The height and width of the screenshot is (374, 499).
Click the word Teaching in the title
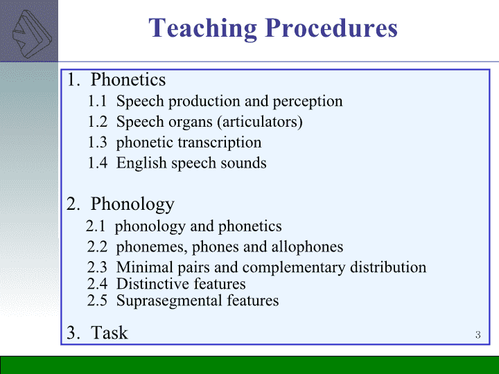[202, 28]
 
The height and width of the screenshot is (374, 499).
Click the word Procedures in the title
[331, 28]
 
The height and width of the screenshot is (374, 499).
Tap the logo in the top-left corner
[32, 34]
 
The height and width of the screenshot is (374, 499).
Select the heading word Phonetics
[128, 79]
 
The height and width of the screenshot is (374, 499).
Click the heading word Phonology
[132, 204]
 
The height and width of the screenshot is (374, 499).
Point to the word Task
[110, 332]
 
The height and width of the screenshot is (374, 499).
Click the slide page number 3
[478, 335]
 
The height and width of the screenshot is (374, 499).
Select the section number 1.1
[97, 101]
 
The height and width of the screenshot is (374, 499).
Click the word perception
[308, 102]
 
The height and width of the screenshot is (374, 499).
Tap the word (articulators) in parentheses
[260, 122]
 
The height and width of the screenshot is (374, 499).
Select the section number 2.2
[97, 247]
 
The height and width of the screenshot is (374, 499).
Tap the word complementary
[294, 268]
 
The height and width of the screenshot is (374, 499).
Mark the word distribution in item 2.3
[388, 267]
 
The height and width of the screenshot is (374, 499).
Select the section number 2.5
[97, 301]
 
